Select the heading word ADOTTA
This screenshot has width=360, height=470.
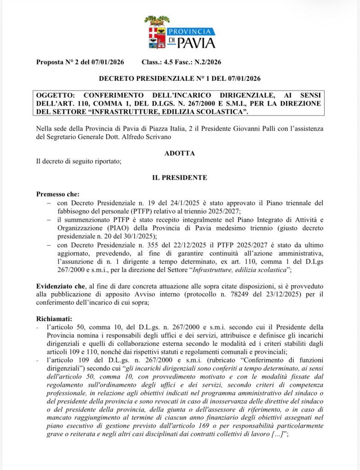click(x=179, y=153)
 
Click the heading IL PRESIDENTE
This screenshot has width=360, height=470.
click(x=179, y=177)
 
